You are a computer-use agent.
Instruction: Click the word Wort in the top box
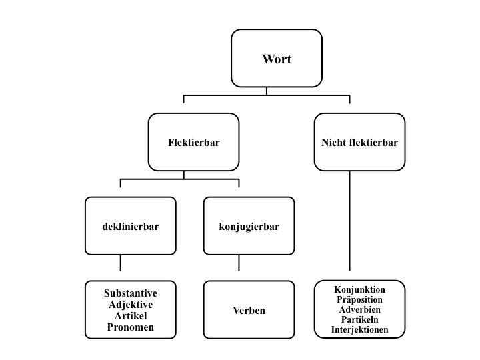tap(276, 59)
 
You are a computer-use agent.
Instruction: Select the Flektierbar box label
tap(194, 142)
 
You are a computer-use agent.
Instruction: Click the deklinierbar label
tap(131, 226)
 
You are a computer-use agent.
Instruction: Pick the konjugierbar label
tap(249, 226)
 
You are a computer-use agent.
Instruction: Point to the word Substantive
tap(131, 293)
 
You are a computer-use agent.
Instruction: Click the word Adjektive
tap(131, 304)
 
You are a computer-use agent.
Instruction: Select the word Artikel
tap(131, 315)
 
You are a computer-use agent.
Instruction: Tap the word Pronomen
tap(131, 327)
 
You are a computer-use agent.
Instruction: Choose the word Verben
tap(249, 310)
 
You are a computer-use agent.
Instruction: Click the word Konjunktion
tap(360, 290)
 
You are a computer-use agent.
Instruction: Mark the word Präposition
tap(360, 300)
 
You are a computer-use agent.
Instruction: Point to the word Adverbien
tap(360, 310)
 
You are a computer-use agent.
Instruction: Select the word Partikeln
tap(360, 320)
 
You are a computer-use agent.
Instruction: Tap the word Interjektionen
tap(360, 330)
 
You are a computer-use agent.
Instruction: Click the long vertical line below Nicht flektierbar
tap(350, 220)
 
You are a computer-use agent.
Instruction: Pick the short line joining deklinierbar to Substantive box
tap(120, 263)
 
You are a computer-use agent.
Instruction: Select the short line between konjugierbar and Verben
tap(239, 263)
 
